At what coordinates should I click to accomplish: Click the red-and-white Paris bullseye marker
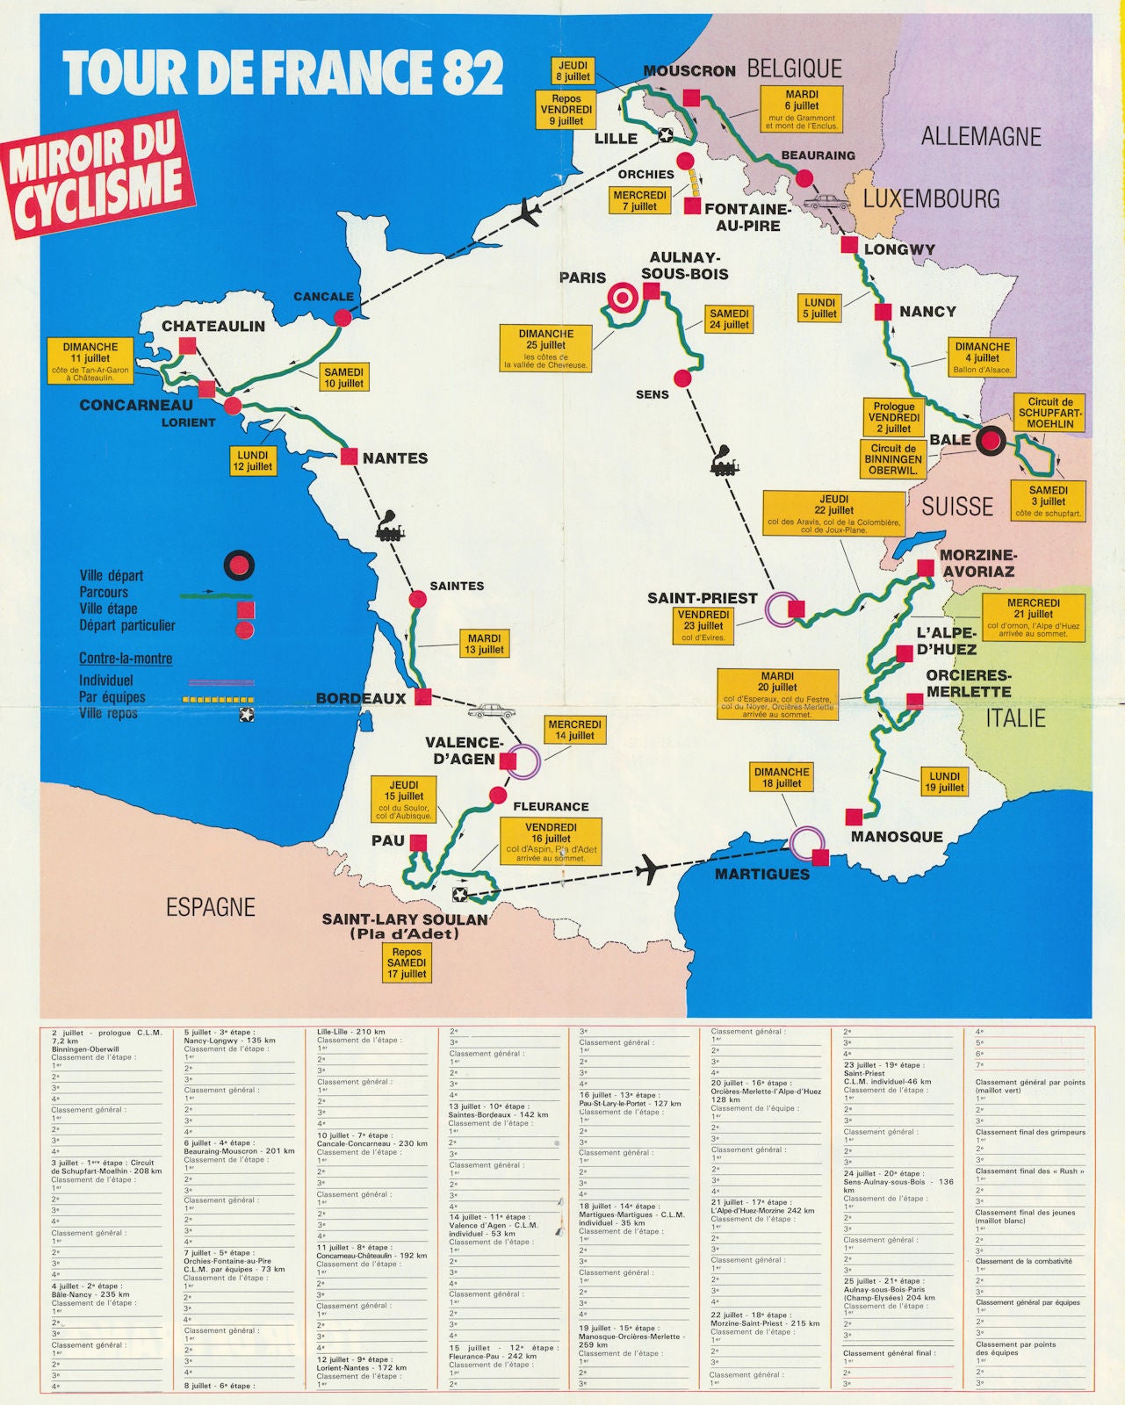coord(623,299)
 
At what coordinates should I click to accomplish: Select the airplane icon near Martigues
coord(651,869)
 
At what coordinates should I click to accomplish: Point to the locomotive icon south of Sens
coord(725,461)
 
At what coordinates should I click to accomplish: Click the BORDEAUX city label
coord(361,698)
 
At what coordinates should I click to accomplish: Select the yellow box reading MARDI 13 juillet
coord(484,644)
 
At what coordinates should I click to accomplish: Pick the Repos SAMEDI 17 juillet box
coord(407,962)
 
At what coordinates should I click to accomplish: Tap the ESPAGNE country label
coord(211,907)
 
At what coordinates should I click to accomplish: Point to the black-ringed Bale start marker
coord(991,441)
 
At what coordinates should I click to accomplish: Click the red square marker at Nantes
coord(349,457)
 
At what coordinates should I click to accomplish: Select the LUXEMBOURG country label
coord(931,199)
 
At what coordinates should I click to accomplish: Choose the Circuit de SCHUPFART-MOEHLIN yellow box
coord(1049,413)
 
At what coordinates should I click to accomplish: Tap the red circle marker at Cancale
coord(343,317)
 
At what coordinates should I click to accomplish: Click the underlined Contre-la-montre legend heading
coord(126,658)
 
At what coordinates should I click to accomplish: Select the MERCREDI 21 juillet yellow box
coord(1033,617)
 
